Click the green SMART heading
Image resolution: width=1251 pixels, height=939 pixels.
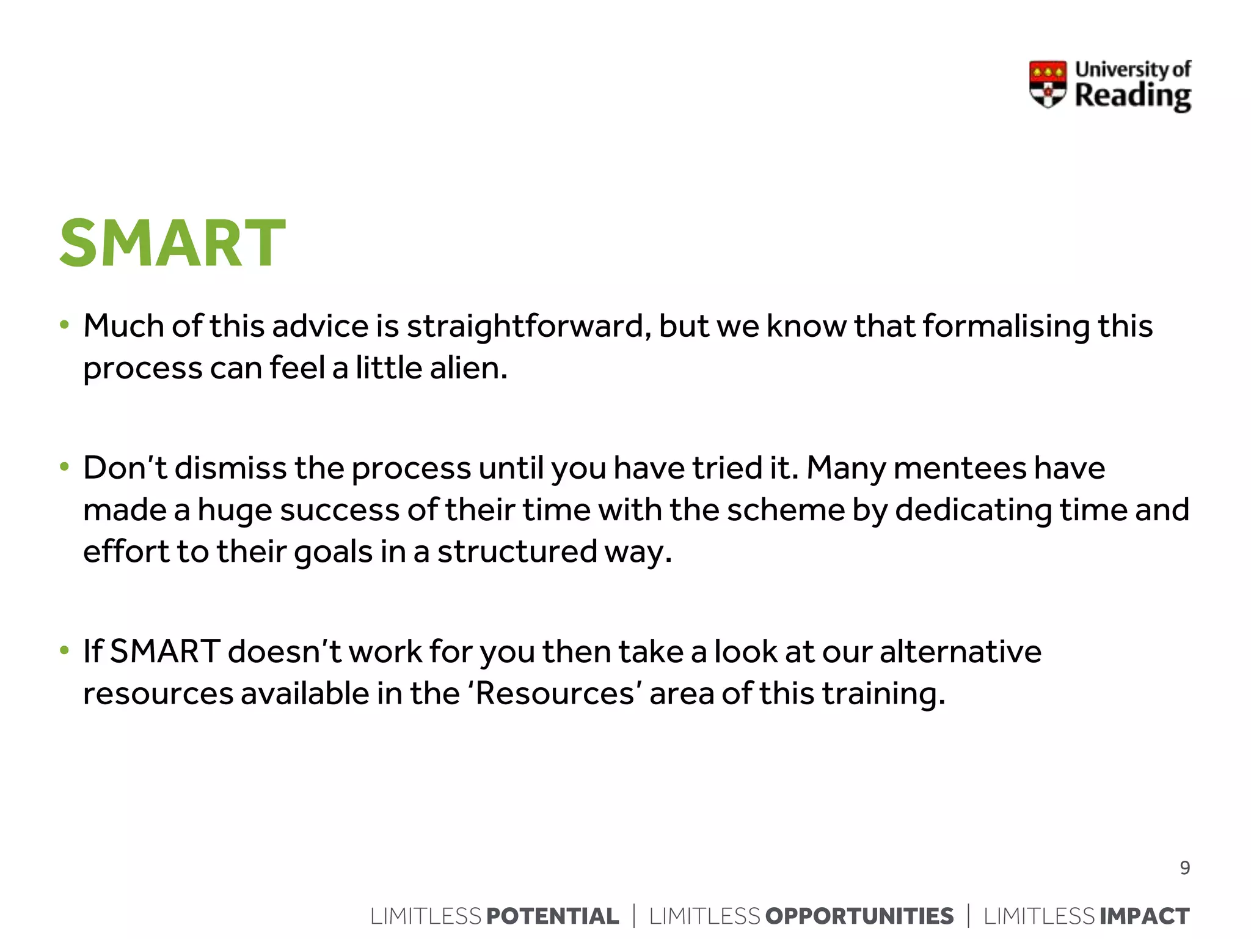(172, 243)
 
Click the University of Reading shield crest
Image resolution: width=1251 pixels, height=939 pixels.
(1048, 84)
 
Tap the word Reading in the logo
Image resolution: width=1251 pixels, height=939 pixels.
(1132, 96)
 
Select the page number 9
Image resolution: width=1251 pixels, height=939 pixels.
(1184, 868)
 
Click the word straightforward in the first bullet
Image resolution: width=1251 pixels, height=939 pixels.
(525, 326)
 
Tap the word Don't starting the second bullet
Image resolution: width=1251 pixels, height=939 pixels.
(125, 468)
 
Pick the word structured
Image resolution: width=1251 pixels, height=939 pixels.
(517, 551)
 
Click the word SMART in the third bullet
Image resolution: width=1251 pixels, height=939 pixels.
(165, 651)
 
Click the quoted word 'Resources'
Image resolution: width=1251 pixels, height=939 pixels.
(555, 693)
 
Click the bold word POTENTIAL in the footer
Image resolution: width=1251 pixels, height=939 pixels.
(552, 916)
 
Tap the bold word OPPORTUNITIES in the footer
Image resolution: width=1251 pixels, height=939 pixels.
(859, 916)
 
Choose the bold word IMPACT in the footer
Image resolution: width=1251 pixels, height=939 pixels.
(1144, 916)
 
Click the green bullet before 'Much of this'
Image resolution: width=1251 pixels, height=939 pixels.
(65, 325)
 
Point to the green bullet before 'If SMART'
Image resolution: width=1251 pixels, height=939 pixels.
(65, 650)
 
